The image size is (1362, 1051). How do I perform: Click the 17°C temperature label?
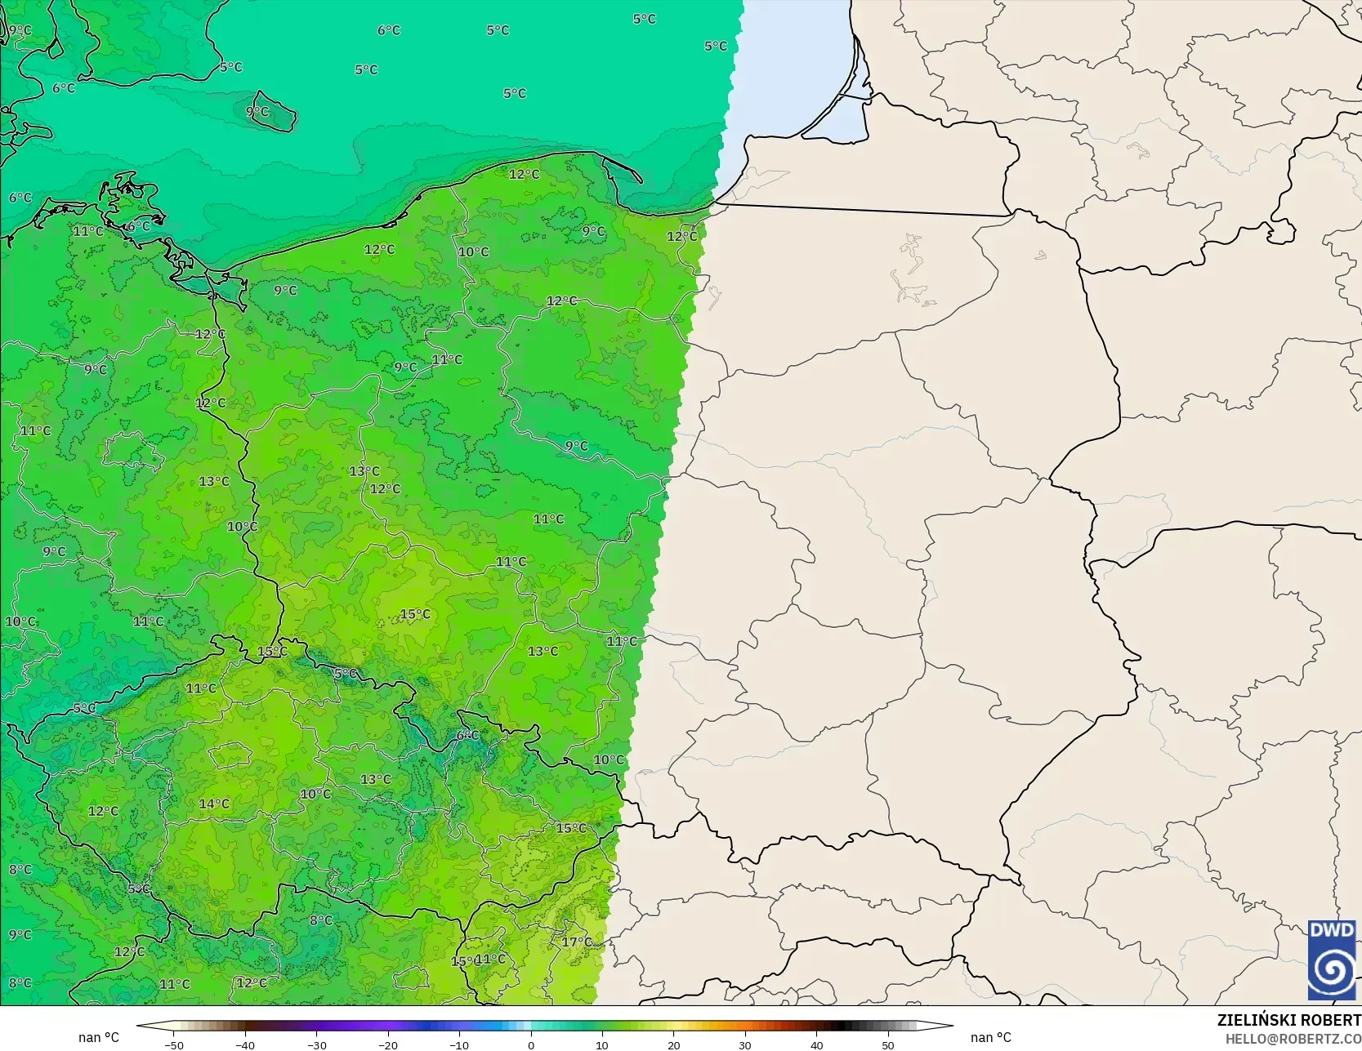576,942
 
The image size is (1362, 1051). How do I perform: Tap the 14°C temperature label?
214,804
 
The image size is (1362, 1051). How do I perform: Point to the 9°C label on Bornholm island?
257,111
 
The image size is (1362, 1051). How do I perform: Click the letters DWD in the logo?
1331,930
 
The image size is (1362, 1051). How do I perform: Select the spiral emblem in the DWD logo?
1331,969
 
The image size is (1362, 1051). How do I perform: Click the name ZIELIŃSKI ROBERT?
1288,1020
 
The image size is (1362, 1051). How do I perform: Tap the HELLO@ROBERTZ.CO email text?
1293,1038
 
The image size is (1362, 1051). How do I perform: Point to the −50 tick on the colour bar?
174,1044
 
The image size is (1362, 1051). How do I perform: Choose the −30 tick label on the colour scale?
317,1044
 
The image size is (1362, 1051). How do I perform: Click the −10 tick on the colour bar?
459,1044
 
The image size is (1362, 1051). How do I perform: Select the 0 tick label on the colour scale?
531,1044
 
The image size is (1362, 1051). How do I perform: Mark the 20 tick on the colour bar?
673,1044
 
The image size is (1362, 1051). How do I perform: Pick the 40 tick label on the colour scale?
816,1044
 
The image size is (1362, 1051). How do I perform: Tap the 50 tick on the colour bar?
887,1044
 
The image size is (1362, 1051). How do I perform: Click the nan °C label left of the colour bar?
99,1037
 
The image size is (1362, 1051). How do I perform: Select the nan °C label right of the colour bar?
991,1037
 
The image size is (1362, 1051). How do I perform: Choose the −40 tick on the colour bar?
245,1044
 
